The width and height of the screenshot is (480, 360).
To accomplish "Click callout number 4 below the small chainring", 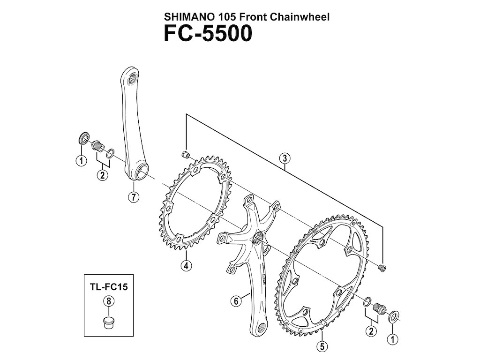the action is point(187,266).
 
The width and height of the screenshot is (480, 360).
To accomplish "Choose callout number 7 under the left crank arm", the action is point(134,197).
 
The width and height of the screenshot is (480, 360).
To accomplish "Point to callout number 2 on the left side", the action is point(102,176).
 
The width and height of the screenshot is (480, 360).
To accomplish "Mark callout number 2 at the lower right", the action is point(372,331).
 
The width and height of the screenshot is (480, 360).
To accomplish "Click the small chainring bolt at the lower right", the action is point(382,268).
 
